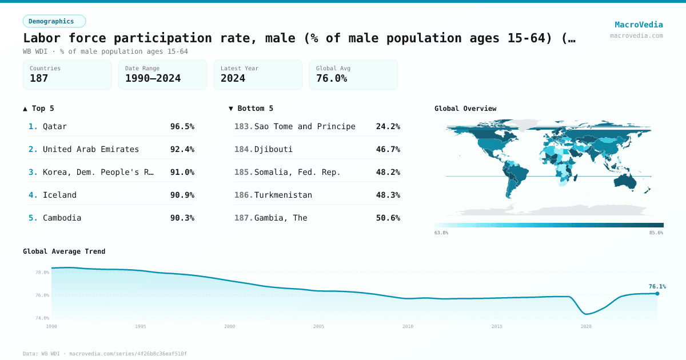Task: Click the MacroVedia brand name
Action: coord(639,25)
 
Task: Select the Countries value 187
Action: coord(39,78)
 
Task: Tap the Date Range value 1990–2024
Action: coord(153,78)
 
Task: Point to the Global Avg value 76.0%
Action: coord(332,78)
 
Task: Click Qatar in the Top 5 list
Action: coord(55,126)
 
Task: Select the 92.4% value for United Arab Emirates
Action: coord(182,149)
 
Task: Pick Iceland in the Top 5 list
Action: coord(59,195)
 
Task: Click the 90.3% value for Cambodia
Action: coord(182,218)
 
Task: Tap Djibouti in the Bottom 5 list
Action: coord(273,149)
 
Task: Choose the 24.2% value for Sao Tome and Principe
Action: coord(388,126)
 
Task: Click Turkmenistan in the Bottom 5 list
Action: coord(283,195)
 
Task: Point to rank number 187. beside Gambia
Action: coord(244,218)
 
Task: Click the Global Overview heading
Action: coord(465,109)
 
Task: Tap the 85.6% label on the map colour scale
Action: coord(656,233)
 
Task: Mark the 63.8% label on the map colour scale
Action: coord(441,233)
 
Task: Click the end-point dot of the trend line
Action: coord(657,294)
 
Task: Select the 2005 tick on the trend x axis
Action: coord(318,326)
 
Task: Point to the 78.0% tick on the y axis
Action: coord(42,273)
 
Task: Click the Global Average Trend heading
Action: coord(64,251)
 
